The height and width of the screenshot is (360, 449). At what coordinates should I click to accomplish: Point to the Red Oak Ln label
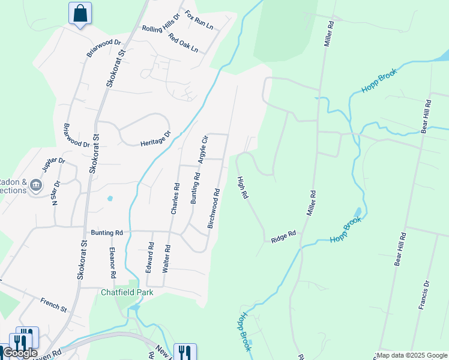pos(183,42)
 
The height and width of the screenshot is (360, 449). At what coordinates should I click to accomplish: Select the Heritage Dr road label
pos(155,140)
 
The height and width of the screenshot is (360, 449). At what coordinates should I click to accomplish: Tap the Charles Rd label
pos(175,199)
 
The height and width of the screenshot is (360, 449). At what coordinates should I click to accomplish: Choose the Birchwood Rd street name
pos(214,209)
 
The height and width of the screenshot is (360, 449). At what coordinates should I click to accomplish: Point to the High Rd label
pos(243,187)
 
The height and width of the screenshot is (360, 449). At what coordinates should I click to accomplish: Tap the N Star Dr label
pos(56,193)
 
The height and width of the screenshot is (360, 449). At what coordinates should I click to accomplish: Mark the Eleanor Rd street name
pos(112,263)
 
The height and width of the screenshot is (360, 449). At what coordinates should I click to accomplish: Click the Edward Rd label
pos(150,257)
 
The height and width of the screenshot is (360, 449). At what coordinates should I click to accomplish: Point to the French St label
pos(54,304)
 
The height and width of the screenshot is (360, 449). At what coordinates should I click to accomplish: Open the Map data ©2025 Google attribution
pos(412,355)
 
